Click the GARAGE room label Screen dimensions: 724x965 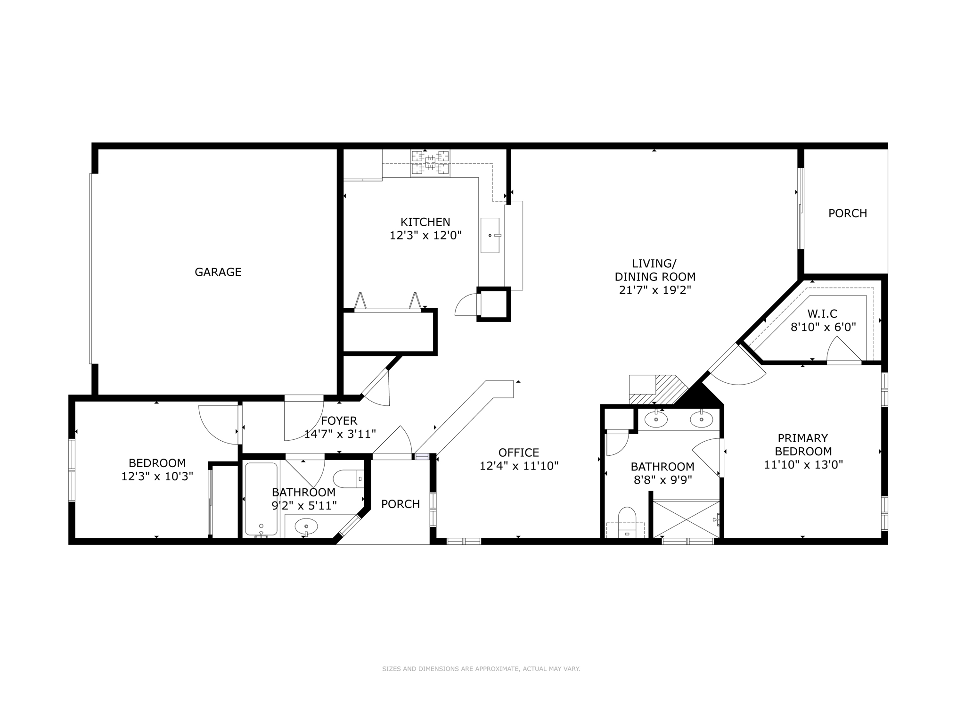[218, 272]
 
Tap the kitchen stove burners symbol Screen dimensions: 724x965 [430, 163]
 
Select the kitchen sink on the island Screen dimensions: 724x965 [490, 235]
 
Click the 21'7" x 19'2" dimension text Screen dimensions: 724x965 [654, 290]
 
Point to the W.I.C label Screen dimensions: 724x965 [822, 313]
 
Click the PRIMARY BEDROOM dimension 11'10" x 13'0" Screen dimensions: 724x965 [803, 465]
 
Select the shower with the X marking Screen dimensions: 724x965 [686, 519]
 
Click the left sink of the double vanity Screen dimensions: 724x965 [655, 419]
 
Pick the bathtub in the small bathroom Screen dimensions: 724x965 [261, 499]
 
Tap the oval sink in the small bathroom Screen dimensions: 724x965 [306, 526]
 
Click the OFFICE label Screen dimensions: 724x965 [518, 452]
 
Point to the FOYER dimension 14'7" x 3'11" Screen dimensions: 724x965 [339, 434]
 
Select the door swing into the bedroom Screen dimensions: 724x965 [218, 424]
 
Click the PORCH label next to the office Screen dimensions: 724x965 [401, 504]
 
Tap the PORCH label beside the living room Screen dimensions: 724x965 [847, 214]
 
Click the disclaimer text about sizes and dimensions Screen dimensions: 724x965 [481, 669]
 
